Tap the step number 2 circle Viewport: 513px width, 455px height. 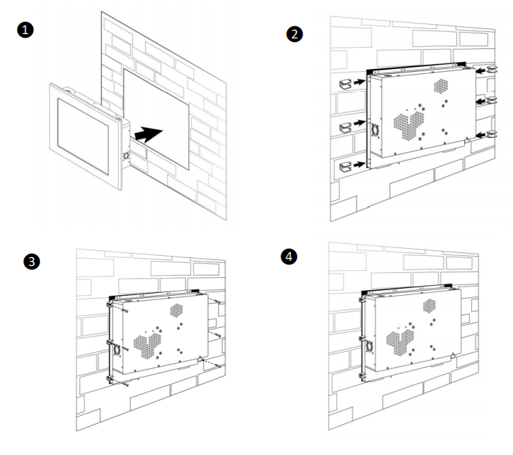pos(294,34)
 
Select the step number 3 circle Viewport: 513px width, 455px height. pos(31,261)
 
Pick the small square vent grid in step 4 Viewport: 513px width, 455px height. pos(430,306)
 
